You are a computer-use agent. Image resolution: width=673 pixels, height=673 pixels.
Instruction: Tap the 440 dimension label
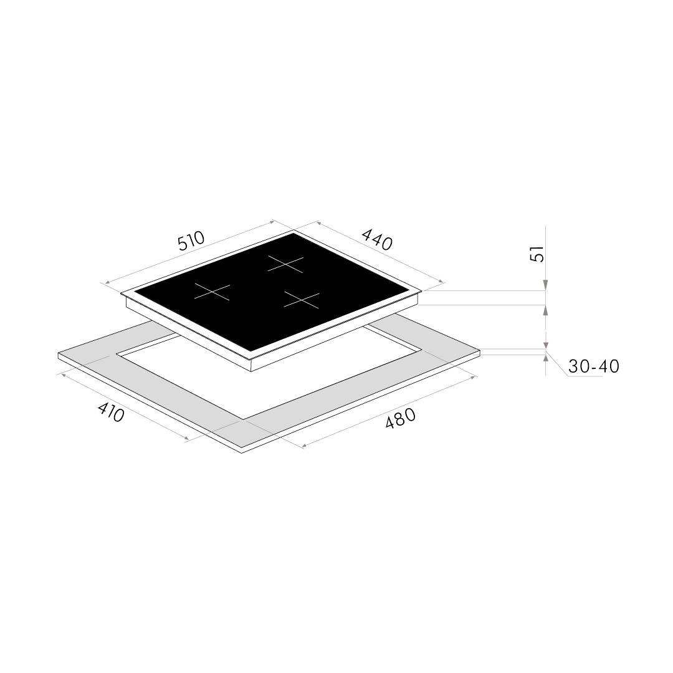377,239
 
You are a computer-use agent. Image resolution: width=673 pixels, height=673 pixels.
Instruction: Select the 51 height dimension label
537,254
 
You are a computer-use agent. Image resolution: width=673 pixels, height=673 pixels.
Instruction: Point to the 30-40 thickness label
594,366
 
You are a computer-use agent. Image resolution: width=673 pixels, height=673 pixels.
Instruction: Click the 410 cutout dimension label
111,412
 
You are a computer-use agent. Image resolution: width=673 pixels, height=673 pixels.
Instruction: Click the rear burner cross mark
285,264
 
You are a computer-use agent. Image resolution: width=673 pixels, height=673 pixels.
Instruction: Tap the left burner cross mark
212,292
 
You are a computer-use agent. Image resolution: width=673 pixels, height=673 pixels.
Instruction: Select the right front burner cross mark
302,300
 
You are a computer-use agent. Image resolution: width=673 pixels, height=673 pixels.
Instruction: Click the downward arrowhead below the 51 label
545,285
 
